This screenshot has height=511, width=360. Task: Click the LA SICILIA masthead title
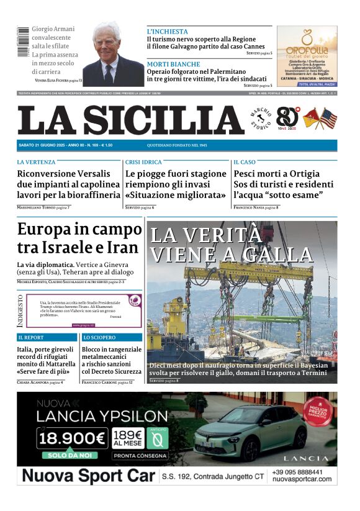pyautogui.click(x=130, y=120)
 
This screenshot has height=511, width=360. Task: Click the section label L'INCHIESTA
pyautogui.click(x=167, y=32)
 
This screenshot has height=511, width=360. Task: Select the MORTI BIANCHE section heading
pyautogui.click(x=173, y=64)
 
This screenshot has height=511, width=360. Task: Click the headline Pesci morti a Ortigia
pyautogui.click(x=276, y=174)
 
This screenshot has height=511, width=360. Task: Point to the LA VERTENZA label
pyautogui.click(x=36, y=162)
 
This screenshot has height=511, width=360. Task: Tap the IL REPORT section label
pyautogui.click(x=31, y=338)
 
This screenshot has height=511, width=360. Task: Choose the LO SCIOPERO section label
pyautogui.click(x=100, y=338)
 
